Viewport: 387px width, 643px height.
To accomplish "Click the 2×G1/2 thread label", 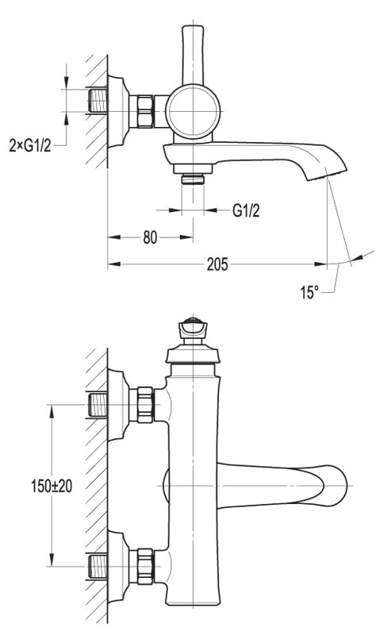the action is tap(30, 145).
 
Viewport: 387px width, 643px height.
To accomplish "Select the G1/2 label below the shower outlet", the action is tap(246, 210).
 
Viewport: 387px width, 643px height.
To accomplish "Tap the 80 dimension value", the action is tap(150, 237).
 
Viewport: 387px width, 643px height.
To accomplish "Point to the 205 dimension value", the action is tap(217, 264).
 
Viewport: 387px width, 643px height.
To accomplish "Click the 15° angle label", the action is tap(309, 292).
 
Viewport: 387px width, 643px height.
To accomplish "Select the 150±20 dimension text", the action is tap(52, 486).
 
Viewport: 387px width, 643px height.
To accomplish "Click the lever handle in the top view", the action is tap(193, 56).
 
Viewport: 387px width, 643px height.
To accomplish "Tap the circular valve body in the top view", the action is tap(193, 111).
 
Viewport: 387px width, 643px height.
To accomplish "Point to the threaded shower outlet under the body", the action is tap(193, 179).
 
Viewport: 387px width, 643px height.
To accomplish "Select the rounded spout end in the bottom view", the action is tap(334, 486).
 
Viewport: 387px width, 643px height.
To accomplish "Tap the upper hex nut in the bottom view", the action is tap(145, 405).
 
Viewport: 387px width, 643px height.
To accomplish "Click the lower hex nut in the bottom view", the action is tap(145, 566).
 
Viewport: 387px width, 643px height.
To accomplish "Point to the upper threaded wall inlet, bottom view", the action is tap(98, 405).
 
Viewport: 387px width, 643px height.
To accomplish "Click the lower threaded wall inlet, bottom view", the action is tap(98, 566).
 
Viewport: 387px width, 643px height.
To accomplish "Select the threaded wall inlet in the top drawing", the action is tap(98, 100).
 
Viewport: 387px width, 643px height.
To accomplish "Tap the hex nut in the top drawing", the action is tap(145, 111).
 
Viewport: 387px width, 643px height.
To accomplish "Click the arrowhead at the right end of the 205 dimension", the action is tap(320, 264).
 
